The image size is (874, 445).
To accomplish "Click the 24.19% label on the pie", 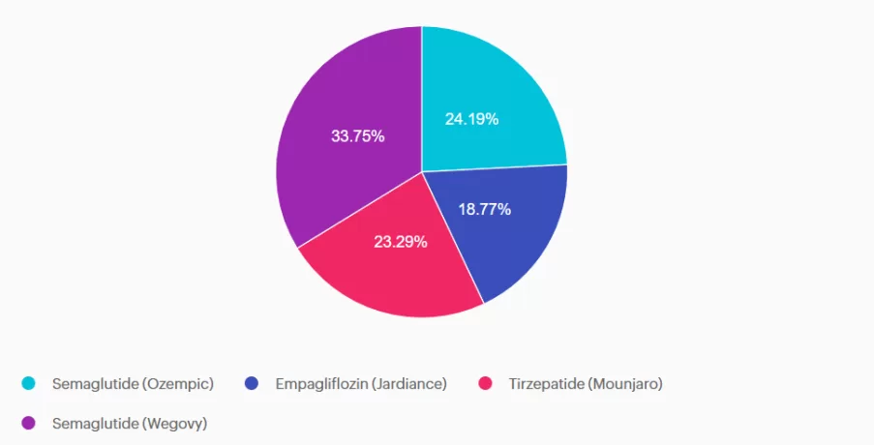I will pos(471,119).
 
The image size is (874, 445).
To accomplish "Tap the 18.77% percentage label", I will pos(484,209).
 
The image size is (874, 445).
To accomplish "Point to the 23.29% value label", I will pos(401,242).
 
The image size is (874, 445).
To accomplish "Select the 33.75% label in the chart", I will pos(357,136).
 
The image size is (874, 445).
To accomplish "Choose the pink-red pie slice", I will pos(387,281).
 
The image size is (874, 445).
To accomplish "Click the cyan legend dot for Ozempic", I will pos(29,384).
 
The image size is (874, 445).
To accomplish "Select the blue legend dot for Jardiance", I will pos(253,384).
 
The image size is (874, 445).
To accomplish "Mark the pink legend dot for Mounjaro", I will pos(486,384).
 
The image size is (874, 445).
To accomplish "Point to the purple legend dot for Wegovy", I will pos(29,423).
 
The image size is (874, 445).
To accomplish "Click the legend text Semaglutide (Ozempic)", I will pos(133,384).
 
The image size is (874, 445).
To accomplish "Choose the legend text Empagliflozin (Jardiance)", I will pos(361,384).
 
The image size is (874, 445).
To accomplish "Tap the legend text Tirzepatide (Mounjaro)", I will pos(586,384).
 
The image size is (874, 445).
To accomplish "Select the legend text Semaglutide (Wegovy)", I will pos(130,423).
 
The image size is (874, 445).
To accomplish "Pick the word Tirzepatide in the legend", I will pos(543,384).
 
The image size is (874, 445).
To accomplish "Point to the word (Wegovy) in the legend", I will pos(174,423).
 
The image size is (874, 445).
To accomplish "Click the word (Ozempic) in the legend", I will pos(177,384).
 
